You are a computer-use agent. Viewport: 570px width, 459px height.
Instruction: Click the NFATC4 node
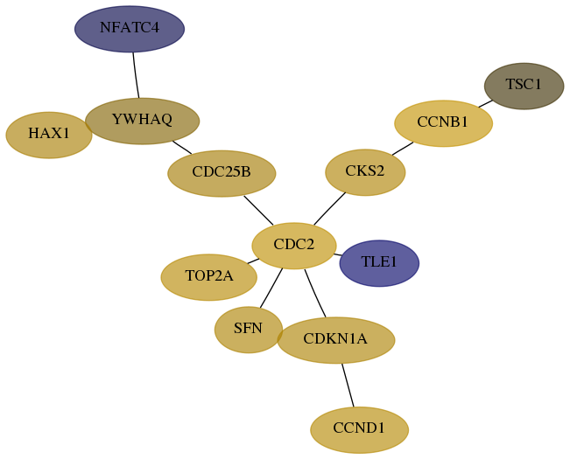point(130,29)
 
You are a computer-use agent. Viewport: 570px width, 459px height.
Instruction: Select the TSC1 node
point(524,86)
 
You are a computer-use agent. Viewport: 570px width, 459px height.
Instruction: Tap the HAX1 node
point(49,135)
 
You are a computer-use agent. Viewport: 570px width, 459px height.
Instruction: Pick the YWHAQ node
point(142,121)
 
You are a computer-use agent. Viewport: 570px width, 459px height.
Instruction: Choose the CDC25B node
point(222,173)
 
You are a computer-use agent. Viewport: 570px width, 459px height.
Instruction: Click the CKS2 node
point(365,172)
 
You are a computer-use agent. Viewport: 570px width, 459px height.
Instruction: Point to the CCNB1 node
point(443,123)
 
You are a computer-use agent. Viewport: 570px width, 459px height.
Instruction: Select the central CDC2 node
point(293,246)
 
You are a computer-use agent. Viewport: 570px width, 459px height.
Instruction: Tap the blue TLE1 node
point(379,263)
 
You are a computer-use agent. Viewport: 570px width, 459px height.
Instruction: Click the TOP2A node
point(209,277)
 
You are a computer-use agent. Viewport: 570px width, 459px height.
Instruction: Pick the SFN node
point(249,330)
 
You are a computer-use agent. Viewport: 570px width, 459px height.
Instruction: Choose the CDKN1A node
point(336,340)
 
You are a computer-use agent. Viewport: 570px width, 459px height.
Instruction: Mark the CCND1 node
point(359,430)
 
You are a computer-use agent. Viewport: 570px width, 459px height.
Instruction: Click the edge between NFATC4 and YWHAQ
point(136,75)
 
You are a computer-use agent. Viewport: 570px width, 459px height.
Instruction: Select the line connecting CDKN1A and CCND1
point(348,385)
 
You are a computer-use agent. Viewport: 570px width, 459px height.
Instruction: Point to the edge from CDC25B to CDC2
point(258,210)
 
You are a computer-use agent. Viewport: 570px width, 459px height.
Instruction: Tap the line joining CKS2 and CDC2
point(329,208)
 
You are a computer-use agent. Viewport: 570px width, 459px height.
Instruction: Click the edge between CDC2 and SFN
point(271,288)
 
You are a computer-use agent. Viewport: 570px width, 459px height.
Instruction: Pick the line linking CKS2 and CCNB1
point(403,149)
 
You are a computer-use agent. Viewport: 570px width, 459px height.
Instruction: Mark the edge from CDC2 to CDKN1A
point(315,293)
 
